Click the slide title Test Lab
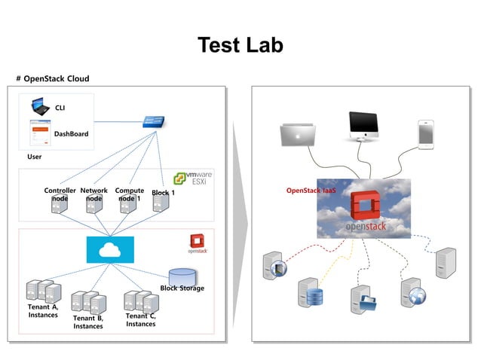tap(240, 45)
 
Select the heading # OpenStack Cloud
tap(53, 78)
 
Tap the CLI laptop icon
tap(39, 106)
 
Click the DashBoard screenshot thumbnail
tap(39, 133)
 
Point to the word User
tap(35, 157)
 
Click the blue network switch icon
tap(156, 122)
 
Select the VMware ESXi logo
tap(193, 178)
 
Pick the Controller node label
tap(60, 194)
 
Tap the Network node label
tap(93, 194)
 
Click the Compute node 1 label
tap(129, 194)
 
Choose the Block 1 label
tap(163, 193)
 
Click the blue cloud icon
tap(110, 249)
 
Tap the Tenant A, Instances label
tap(43, 311)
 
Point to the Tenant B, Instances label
tap(88, 322)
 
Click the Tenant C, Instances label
tap(141, 319)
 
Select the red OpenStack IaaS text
tap(311, 191)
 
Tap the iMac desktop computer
tap(363, 127)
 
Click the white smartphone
tap(426, 133)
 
